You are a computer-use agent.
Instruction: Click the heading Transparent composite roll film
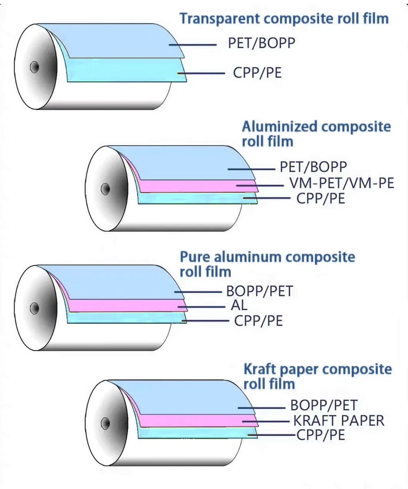(x=284, y=19)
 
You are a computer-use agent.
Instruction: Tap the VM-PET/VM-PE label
(x=342, y=183)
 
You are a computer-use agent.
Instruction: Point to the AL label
(x=239, y=306)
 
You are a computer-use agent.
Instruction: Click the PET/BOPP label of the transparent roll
(x=261, y=43)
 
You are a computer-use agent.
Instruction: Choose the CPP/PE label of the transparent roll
(x=258, y=73)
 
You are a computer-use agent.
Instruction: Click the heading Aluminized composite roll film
(x=316, y=134)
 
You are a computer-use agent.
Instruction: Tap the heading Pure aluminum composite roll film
(x=267, y=264)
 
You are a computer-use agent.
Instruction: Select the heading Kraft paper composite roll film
(x=317, y=376)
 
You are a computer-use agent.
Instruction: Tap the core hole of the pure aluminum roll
(x=34, y=308)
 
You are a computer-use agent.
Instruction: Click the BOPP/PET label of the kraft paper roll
(x=324, y=405)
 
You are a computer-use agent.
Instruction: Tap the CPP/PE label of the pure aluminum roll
(x=258, y=321)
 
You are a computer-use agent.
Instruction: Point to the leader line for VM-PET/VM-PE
(x=260, y=186)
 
